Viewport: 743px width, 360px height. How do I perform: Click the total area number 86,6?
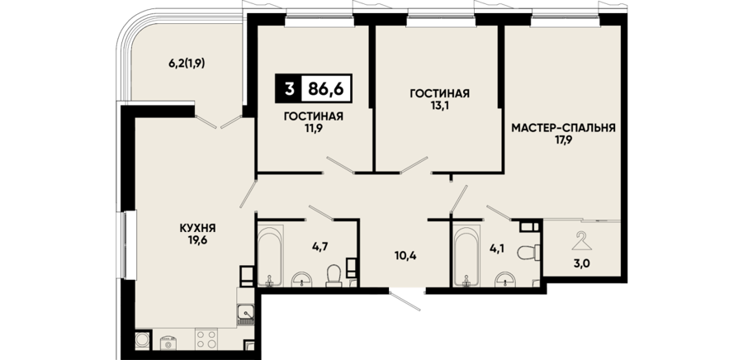tap(325, 88)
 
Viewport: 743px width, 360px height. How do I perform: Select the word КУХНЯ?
tap(197, 228)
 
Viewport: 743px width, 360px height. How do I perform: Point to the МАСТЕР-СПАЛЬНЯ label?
tap(563, 127)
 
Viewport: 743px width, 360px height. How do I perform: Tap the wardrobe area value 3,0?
tap(582, 263)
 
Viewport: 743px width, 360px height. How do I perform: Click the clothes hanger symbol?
tap(581, 241)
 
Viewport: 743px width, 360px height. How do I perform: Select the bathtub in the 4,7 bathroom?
tap(270, 256)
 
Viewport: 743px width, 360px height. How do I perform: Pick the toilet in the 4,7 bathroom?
tap(334, 275)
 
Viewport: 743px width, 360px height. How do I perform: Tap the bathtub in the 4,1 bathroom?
tap(466, 256)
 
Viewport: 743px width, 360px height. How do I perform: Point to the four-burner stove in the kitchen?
tap(206, 339)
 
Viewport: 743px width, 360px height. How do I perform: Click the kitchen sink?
tap(246, 314)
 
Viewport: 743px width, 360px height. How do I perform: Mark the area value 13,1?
tap(439, 105)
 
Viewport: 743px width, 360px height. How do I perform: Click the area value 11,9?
tap(313, 128)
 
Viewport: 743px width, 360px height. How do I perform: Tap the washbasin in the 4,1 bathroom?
tap(506, 280)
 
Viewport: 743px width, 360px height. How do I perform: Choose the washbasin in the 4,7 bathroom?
tap(301, 280)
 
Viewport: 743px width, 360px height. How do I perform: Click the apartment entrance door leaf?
tap(405, 301)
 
